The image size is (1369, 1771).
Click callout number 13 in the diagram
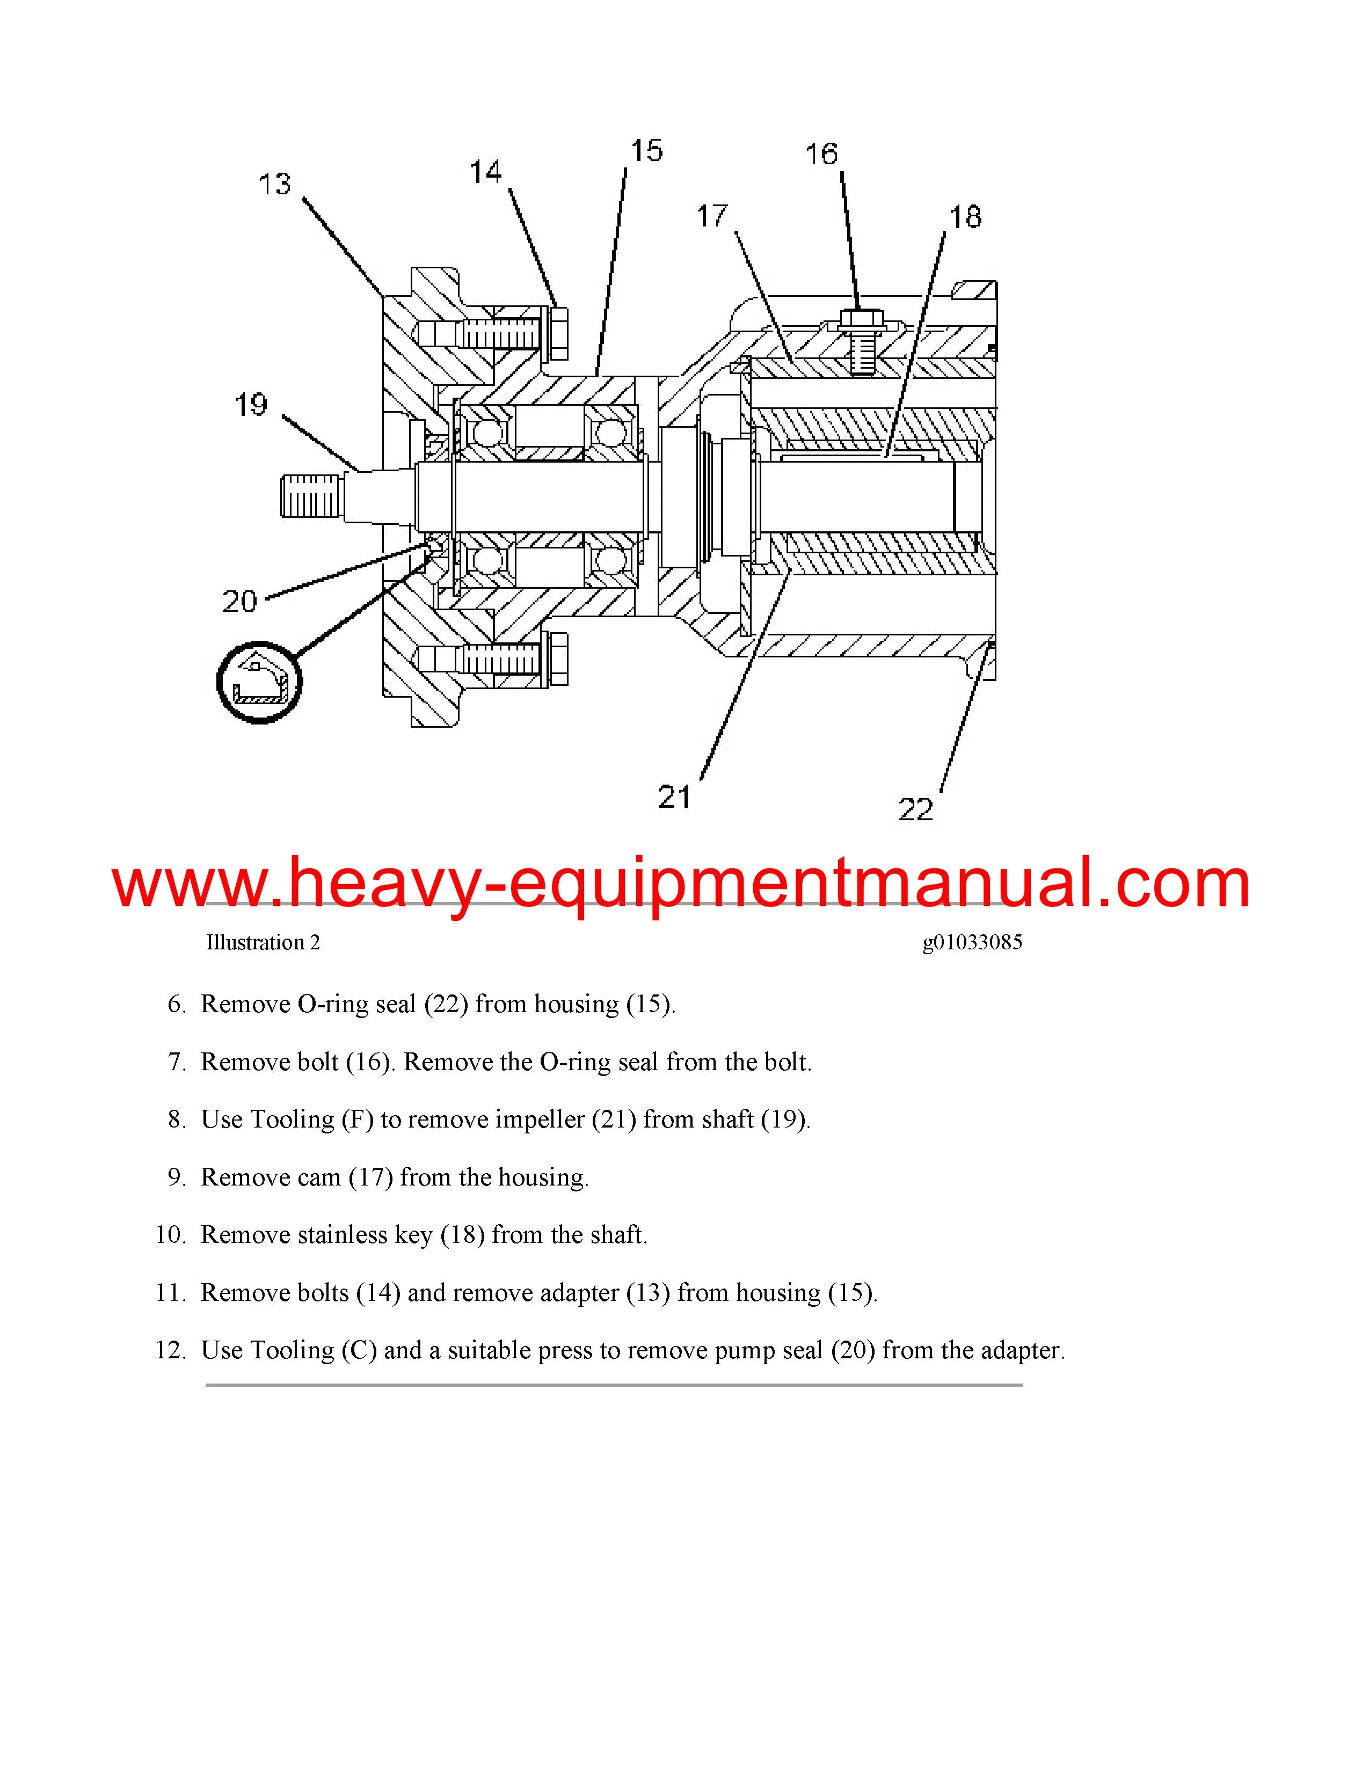coord(274,184)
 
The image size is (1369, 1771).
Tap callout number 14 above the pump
coord(486,172)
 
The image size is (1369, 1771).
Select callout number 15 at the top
coord(646,150)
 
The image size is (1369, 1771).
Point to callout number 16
coord(821,153)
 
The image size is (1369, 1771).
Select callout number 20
coord(239,601)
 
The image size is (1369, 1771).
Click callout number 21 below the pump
coord(674,797)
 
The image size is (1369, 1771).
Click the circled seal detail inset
coord(259,682)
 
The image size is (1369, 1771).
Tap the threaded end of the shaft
coord(308,497)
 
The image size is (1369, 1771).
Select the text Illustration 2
coord(263,942)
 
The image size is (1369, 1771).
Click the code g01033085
coord(972,942)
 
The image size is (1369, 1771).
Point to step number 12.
coord(172,1350)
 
